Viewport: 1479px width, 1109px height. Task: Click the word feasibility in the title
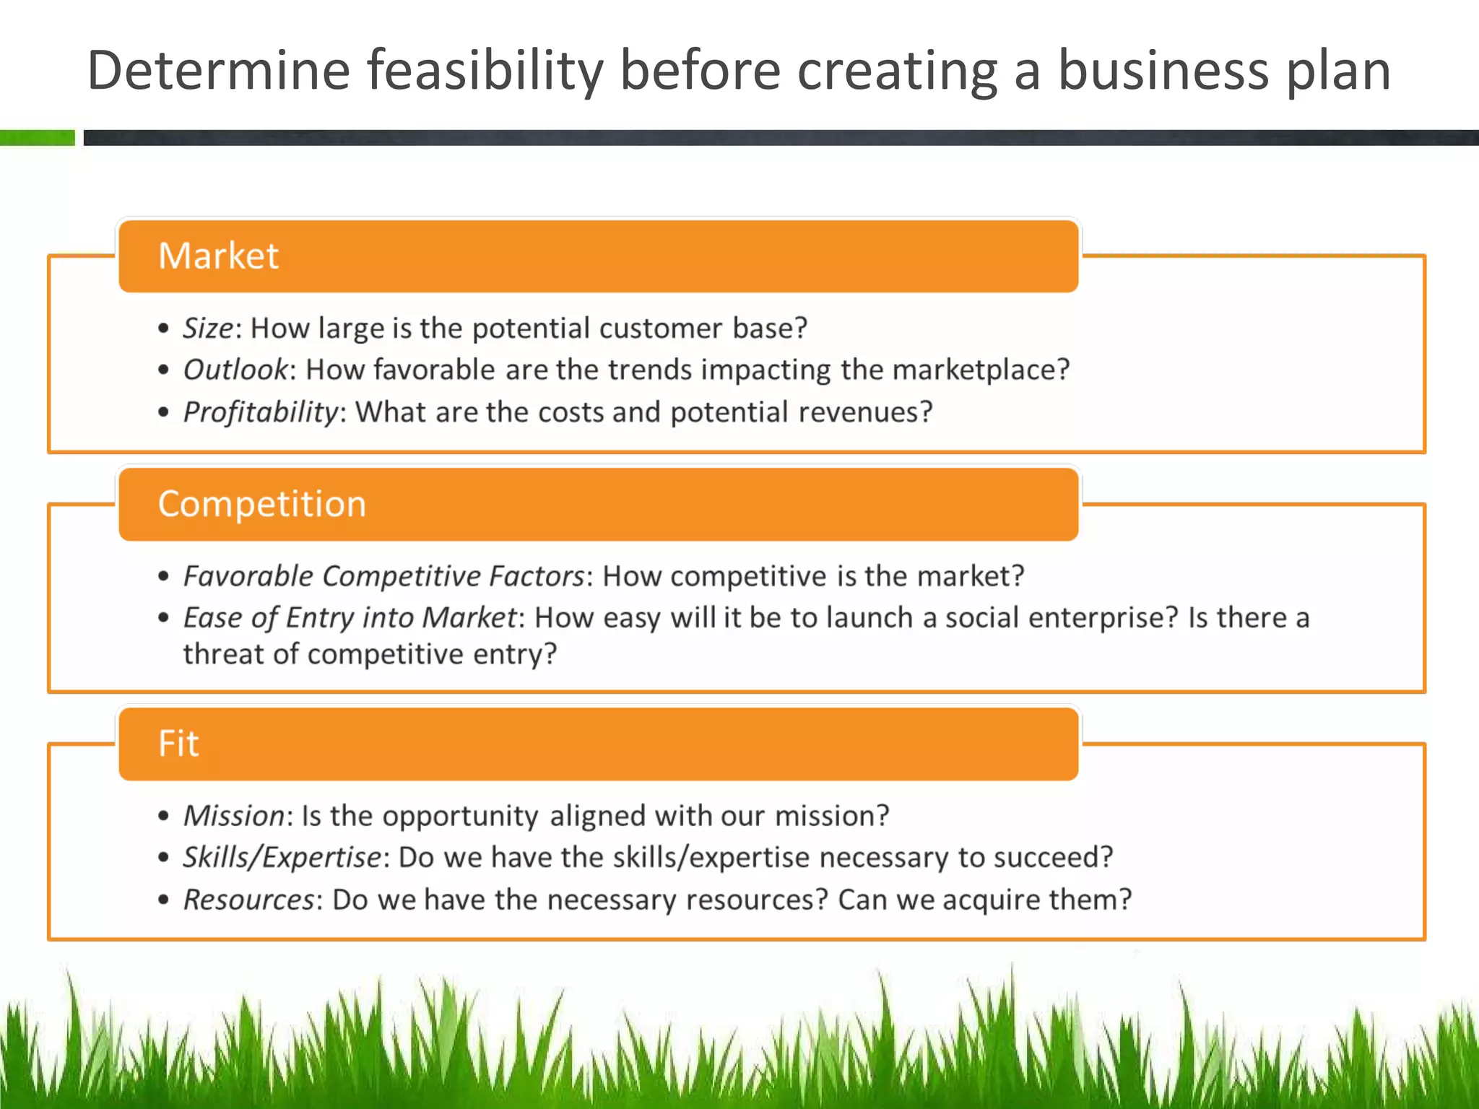(485, 71)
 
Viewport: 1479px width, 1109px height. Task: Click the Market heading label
(218, 256)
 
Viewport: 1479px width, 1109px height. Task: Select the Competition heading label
(261, 503)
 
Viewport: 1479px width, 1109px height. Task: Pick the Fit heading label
(178, 743)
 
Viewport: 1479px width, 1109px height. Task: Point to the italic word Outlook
(235, 370)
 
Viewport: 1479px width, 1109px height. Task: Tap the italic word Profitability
(260, 412)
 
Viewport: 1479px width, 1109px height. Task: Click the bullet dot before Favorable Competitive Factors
(164, 577)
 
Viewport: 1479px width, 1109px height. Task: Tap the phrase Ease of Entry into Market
(350, 618)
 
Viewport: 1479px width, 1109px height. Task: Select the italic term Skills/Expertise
(282, 857)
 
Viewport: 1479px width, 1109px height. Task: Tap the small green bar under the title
(38, 137)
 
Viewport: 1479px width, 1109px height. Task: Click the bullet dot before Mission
(164, 817)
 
